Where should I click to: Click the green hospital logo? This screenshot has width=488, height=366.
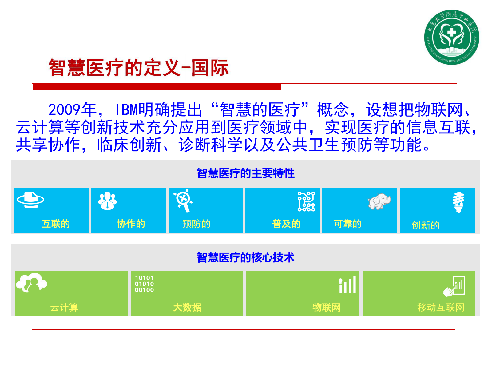pyautogui.click(x=451, y=37)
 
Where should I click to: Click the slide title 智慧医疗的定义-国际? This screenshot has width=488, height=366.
pyautogui.click(x=138, y=68)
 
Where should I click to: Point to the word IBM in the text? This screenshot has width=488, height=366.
pyautogui.click(x=126, y=110)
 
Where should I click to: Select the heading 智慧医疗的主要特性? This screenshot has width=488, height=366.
pyautogui.click(x=245, y=173)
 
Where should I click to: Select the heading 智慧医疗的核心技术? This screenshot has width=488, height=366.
pyautogui.click(x=245, y=257)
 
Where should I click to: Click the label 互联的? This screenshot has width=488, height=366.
pyautogui.click(x=56, y=224)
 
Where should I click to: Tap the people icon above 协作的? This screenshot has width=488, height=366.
pyautogui.click(x=107, y=201)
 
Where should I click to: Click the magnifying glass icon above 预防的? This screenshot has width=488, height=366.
pyautogui.click(x=184, y=201)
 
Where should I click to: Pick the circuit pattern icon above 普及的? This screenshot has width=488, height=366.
pyautogui.click(x=306, y=201)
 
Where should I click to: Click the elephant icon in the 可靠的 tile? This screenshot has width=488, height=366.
pyautogui.click(x=379, y=201)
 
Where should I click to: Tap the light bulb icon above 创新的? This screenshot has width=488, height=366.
pyautogui.click(x=458, y=202)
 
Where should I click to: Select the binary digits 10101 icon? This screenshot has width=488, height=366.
pyautogui.click(x=144, y=284)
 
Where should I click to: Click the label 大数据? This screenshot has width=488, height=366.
pyautogui.click(x=187, y=307)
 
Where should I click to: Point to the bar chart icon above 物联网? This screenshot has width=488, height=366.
pyautogui.click(x=347, y=284)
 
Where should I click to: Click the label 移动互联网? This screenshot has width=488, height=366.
pyautogui.click(x=440, y=307)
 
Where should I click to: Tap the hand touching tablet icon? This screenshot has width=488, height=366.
pyautogui.click(x=454, y=286)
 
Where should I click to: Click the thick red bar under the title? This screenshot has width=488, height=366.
pyautogui.click(x=157, y=86)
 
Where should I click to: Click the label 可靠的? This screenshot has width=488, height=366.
pyautogui.click(x=347, y=224)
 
